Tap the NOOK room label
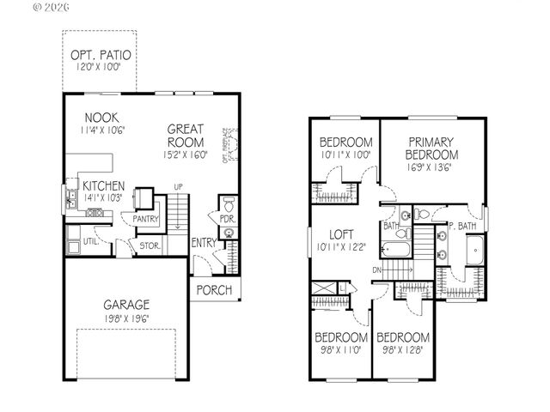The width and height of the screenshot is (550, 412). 101,117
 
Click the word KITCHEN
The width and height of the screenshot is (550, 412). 103,185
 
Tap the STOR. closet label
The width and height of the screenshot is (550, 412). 150,246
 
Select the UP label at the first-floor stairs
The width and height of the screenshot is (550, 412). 178,186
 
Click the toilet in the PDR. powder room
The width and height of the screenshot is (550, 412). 227,206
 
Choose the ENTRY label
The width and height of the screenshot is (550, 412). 204,243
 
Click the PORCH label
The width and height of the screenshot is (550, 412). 214,290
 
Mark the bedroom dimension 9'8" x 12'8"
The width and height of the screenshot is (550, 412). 402,350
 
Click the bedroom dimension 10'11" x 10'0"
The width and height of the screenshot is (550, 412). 345,154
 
